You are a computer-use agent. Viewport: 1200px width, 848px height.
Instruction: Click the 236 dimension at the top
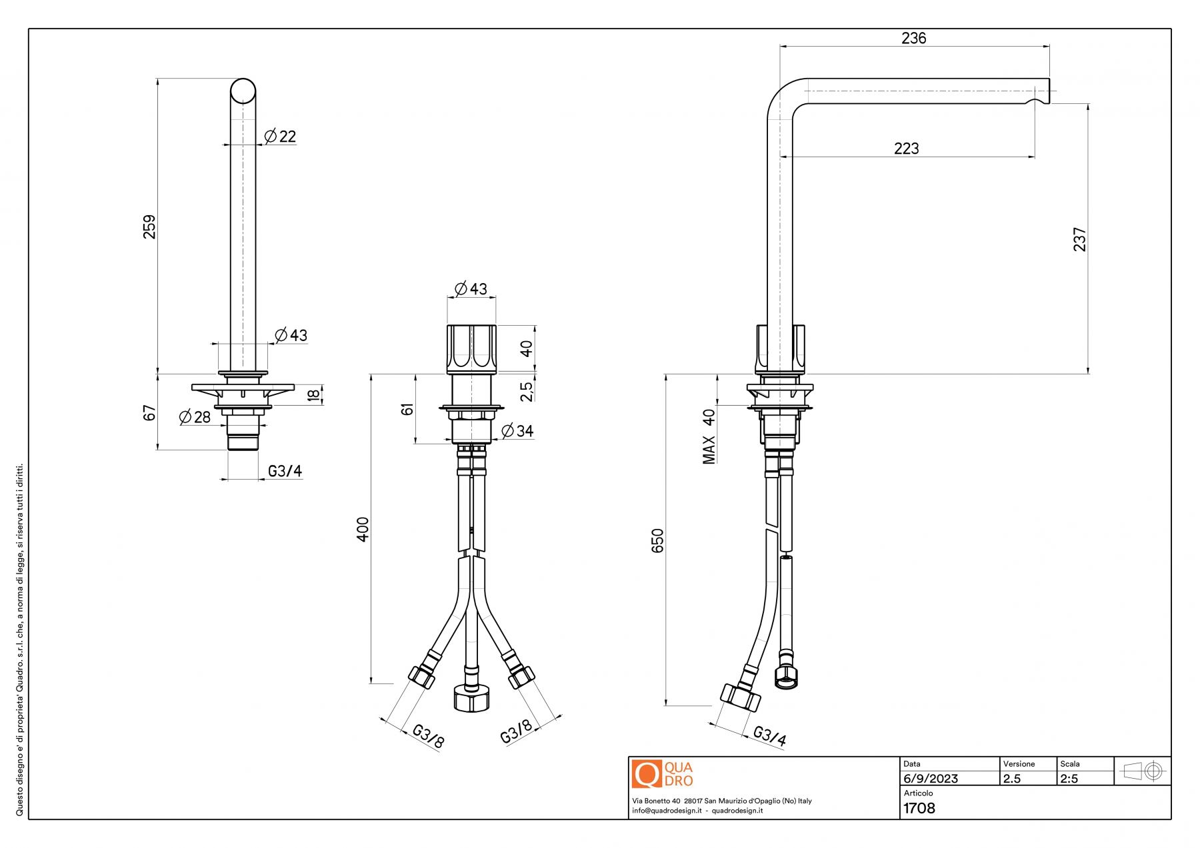(x=913, y=39)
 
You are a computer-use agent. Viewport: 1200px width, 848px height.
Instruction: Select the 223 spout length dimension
(x=906, y=149)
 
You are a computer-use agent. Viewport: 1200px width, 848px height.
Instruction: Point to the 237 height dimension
(x=1079, y=239)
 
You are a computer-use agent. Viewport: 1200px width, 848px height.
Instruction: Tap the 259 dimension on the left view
(x=149, y=226)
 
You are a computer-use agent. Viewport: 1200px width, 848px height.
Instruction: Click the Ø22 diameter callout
(x=280, y=137)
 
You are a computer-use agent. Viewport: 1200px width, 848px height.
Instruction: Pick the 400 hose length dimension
(x=363, y=529)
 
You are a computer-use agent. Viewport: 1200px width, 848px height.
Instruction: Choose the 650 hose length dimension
(x=658, y=540)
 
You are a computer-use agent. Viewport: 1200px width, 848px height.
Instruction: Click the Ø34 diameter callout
(x=517, y=431)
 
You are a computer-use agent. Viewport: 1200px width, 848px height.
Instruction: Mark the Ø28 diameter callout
(x=195, y=418)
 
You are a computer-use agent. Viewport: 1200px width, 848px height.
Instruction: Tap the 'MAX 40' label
(x=709, y=436)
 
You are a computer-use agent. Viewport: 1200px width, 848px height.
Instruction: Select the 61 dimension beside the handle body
(x=407, y=408)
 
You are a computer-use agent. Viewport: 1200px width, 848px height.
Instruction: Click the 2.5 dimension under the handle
(x=527, y=391)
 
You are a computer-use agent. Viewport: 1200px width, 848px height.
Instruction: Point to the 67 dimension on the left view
(x=149, y=413)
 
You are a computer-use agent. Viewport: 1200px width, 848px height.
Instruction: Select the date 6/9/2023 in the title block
(x=931, y=779)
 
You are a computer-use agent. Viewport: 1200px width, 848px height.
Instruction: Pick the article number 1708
(x=919, y=809)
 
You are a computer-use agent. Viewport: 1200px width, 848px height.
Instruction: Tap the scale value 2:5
(x=1069, y=779)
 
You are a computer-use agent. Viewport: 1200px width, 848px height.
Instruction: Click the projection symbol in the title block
(x=1143, y=771)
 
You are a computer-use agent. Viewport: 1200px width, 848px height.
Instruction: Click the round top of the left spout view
(x=243, y=91)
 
